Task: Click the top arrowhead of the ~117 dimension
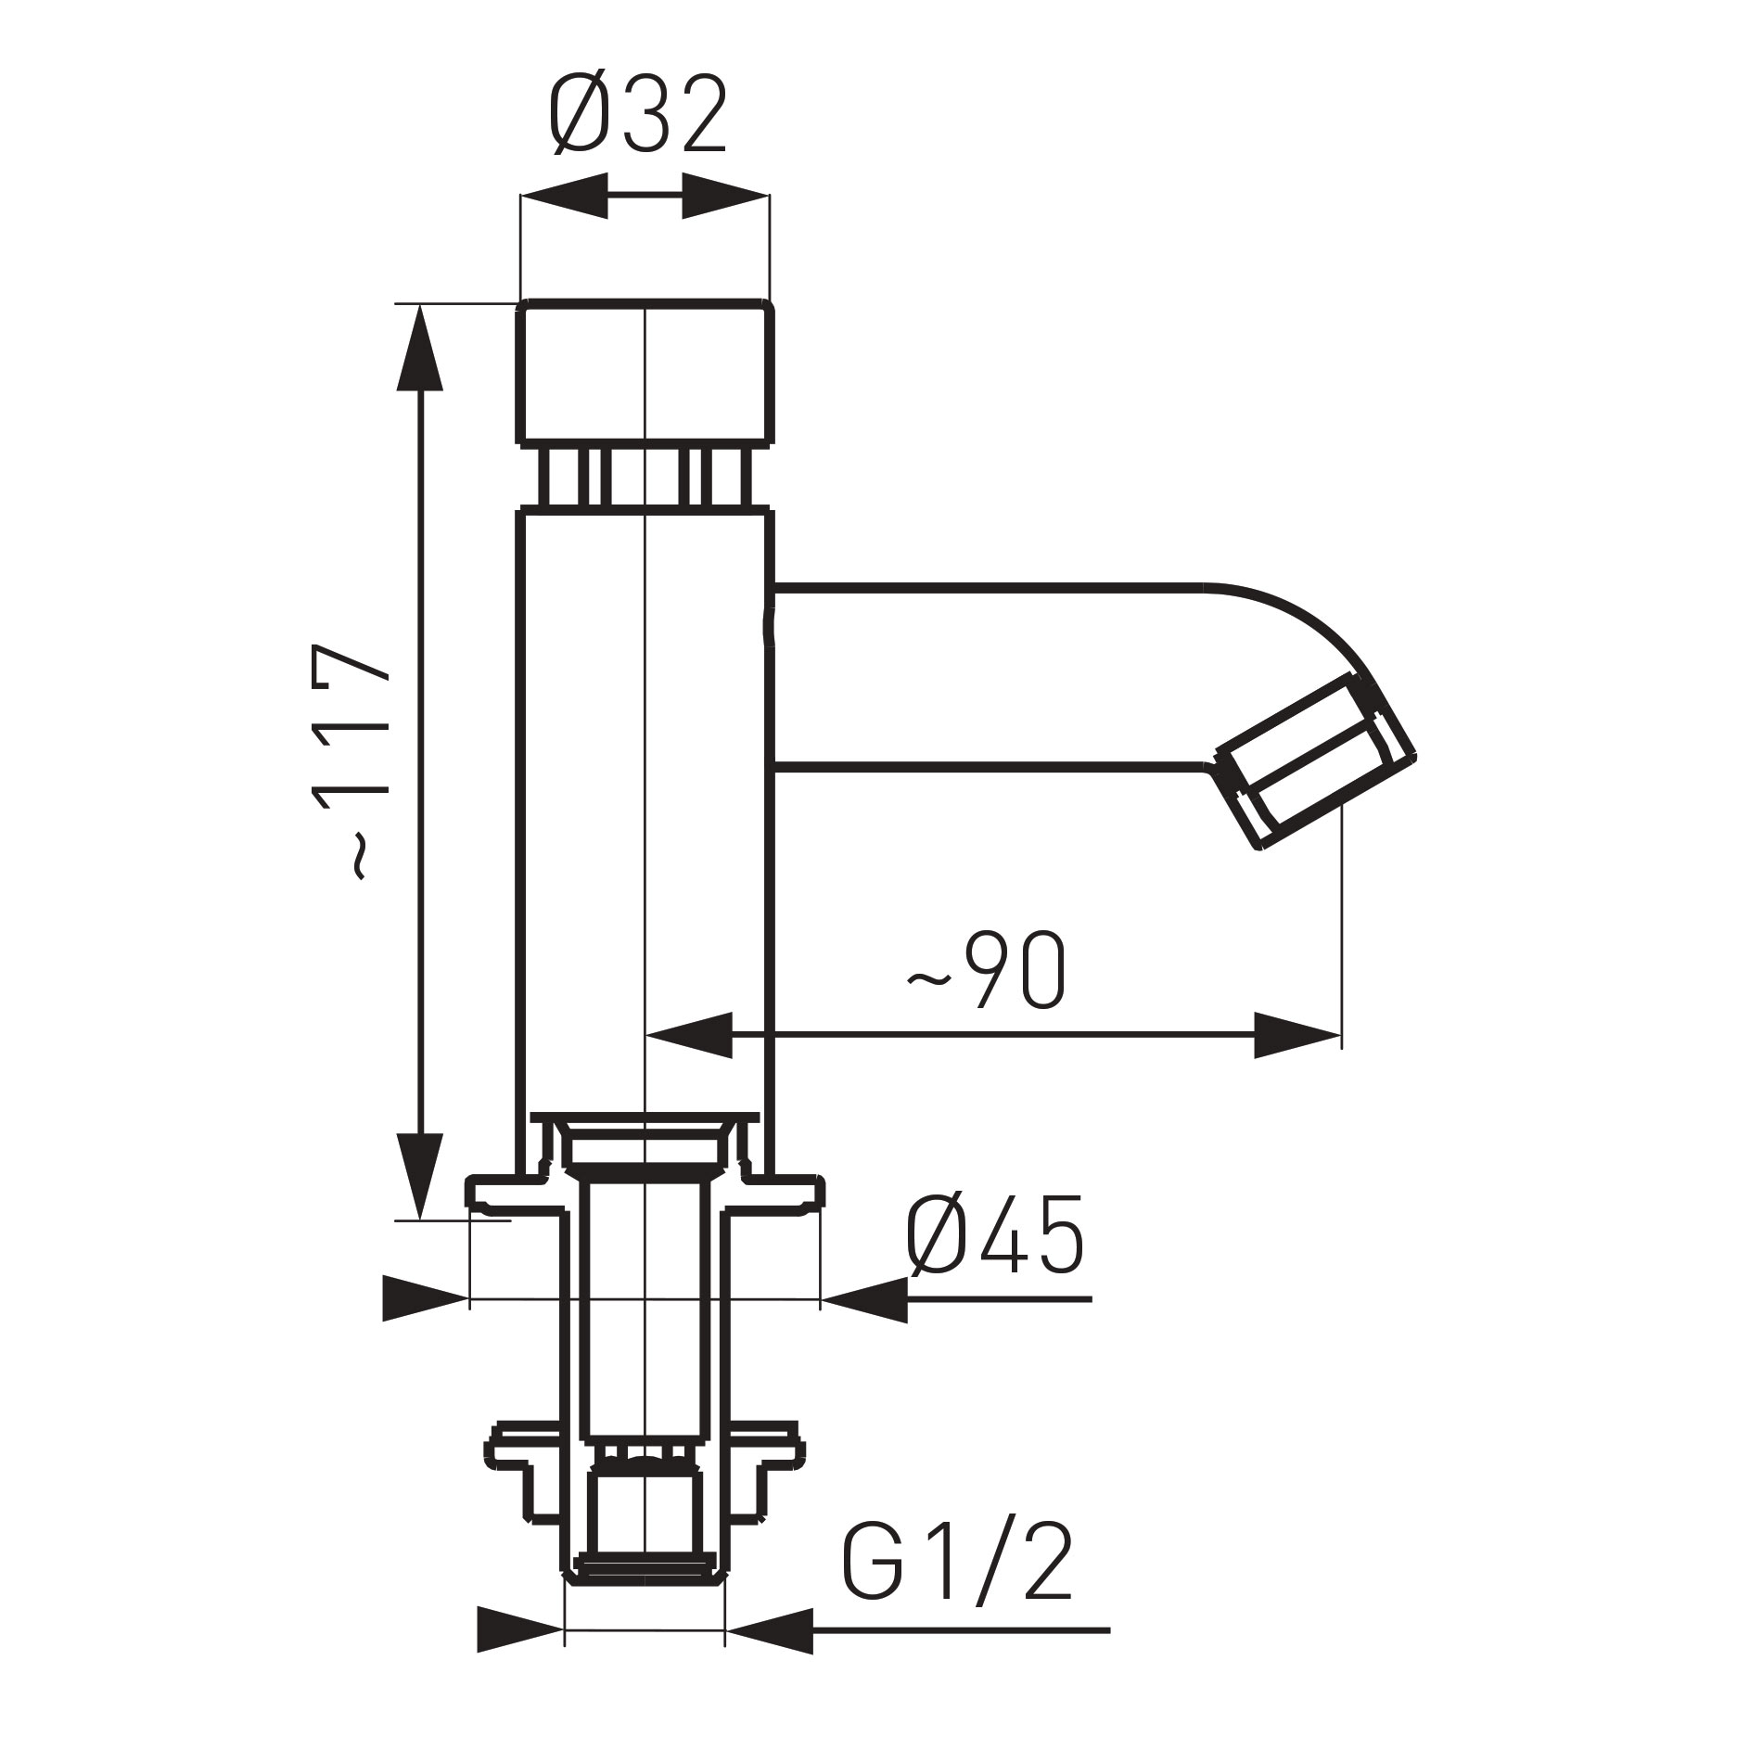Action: point(419,348)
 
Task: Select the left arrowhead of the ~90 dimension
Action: point(688,1035)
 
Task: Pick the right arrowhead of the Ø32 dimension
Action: point(725,196)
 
